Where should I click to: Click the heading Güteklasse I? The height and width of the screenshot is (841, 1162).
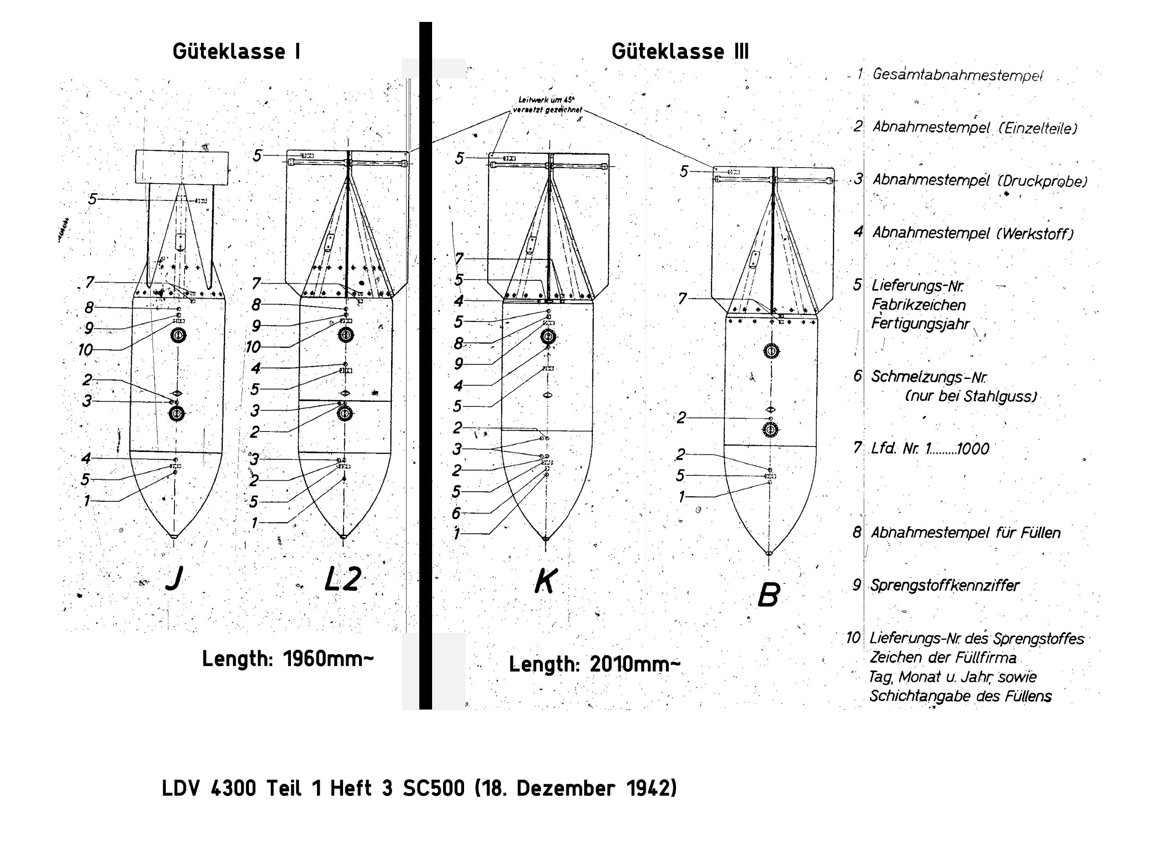[236, 52]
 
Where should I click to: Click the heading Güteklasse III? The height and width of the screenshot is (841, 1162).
[680, 52]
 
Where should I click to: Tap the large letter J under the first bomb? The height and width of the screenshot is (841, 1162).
[174, 579]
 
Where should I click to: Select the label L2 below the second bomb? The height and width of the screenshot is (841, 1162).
[343, 579]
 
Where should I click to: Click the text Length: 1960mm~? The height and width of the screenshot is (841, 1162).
[287, 659]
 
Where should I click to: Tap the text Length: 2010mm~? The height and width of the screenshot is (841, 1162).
[594, 664]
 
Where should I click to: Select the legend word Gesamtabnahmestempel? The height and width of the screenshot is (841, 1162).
[957, 75]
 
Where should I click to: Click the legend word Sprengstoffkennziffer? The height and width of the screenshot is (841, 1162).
[945, 585]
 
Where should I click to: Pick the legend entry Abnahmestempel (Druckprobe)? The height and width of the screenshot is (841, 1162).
[979, 180]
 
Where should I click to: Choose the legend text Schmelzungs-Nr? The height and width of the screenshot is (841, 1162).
[929, 377]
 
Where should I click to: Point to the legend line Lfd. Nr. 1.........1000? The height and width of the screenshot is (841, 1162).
[930, 449]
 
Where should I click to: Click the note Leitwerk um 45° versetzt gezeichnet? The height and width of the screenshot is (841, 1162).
[547, 105]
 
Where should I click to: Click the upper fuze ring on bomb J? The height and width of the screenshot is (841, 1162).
[178, 336]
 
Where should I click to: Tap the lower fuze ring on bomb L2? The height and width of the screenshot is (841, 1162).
[345, 413]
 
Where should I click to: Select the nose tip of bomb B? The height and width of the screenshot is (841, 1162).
[769, 553]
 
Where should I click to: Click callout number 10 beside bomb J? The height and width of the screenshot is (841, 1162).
[85, 350]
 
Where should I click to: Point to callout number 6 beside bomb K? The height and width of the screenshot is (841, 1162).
[456, 513]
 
